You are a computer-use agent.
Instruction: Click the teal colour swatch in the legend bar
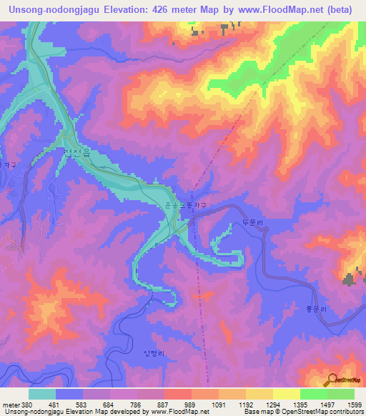42,394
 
